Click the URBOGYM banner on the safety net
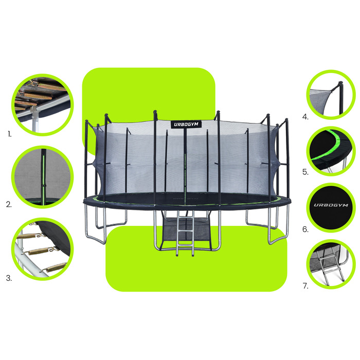(186, 124)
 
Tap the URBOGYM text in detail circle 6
(331, 205)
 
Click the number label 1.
(9, 134)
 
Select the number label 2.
(9, 204)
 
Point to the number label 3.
(9, 278)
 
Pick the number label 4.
(305, 117)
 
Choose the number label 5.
(305, 172)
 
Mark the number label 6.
(305, 229)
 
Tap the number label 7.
(305, 286)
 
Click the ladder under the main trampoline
(185, 233)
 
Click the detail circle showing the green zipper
(43, 177)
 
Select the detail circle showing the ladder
(331, 264)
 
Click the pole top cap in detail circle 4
(341, 83)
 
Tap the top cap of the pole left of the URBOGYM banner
(155, 112)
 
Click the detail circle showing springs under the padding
(43, 105)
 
